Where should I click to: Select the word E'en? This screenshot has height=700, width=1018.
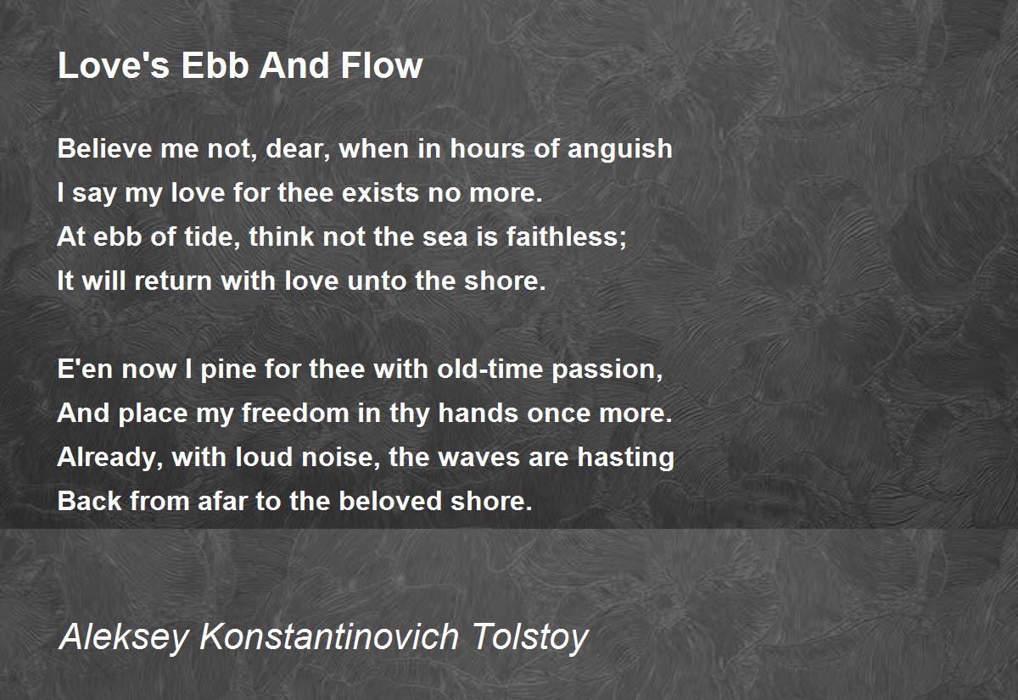tap(85, 370)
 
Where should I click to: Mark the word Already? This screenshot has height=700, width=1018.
tap(110, 458)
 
